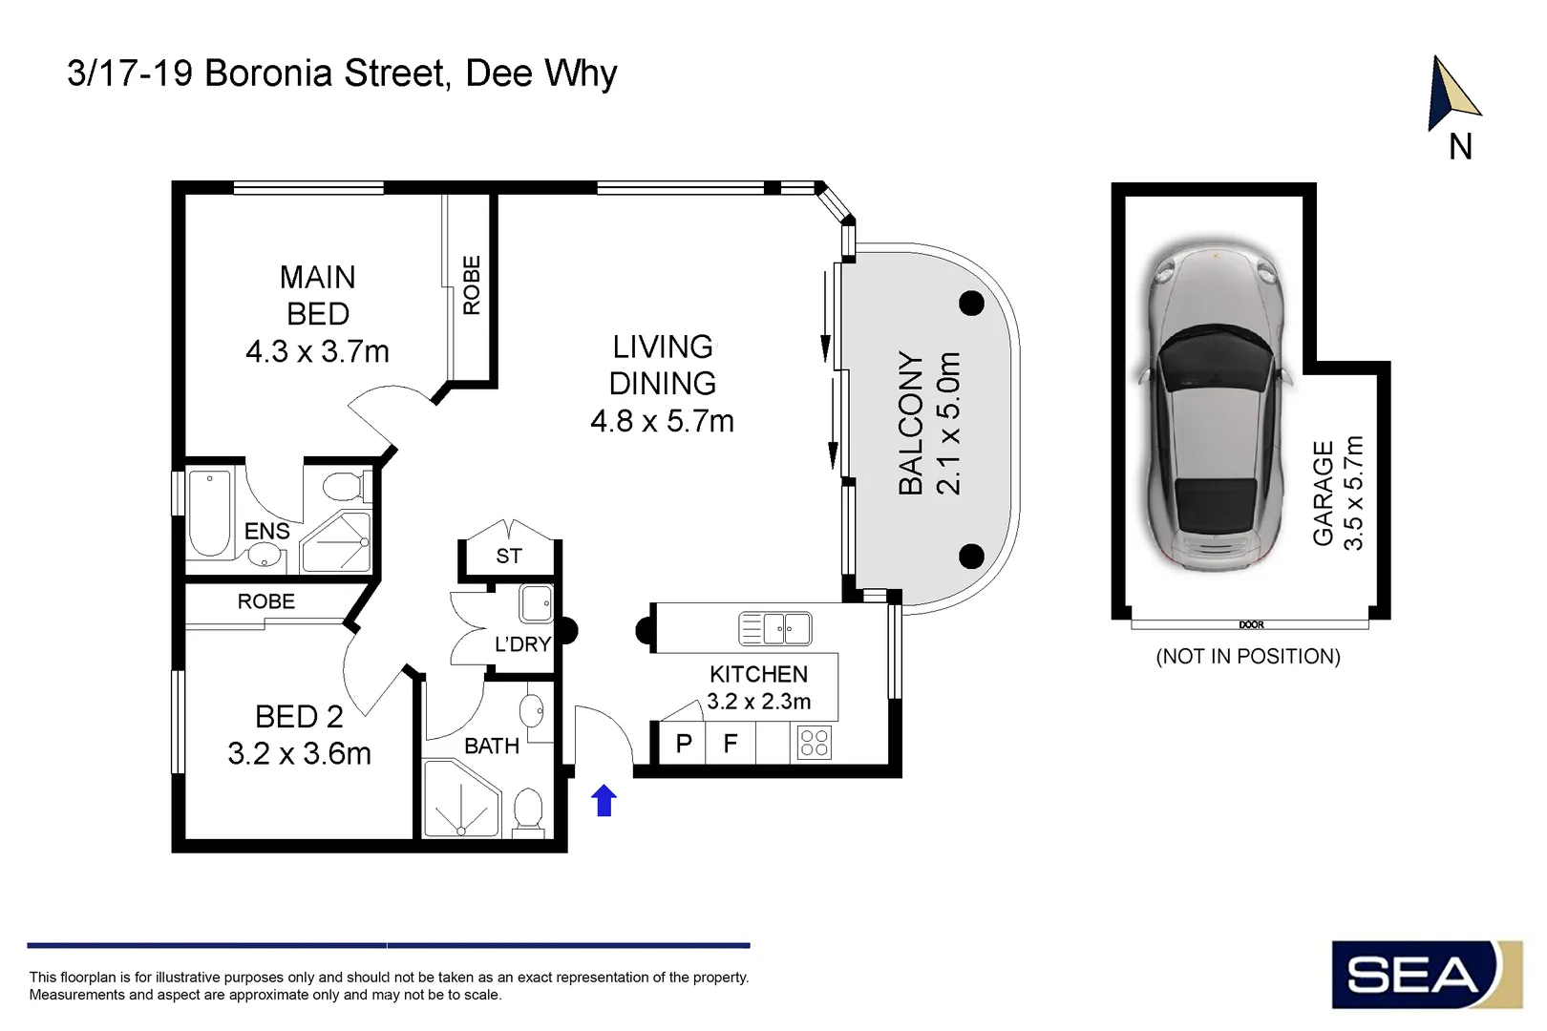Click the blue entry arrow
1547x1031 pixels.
[604, 800]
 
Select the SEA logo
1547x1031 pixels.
[1427, 974]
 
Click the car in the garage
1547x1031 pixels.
[1215, 406]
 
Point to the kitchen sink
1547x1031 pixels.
[774, 628]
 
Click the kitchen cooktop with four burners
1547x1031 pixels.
[815, 743]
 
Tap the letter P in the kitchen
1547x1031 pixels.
[684, 744]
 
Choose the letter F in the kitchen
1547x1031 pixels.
[730, 744]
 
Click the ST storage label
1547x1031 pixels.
[509, 556]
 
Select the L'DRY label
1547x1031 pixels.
[522, 644]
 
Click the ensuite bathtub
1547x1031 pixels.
[209, 514]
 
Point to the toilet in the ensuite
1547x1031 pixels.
[343, 486]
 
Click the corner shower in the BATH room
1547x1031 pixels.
[460, 798]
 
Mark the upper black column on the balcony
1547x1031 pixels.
[971, 304]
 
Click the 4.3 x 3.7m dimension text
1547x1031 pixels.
[317, 351]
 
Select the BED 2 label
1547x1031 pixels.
[299, 717]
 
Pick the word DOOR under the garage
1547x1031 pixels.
[1251, 625]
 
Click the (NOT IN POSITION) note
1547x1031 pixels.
[1248, 656]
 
